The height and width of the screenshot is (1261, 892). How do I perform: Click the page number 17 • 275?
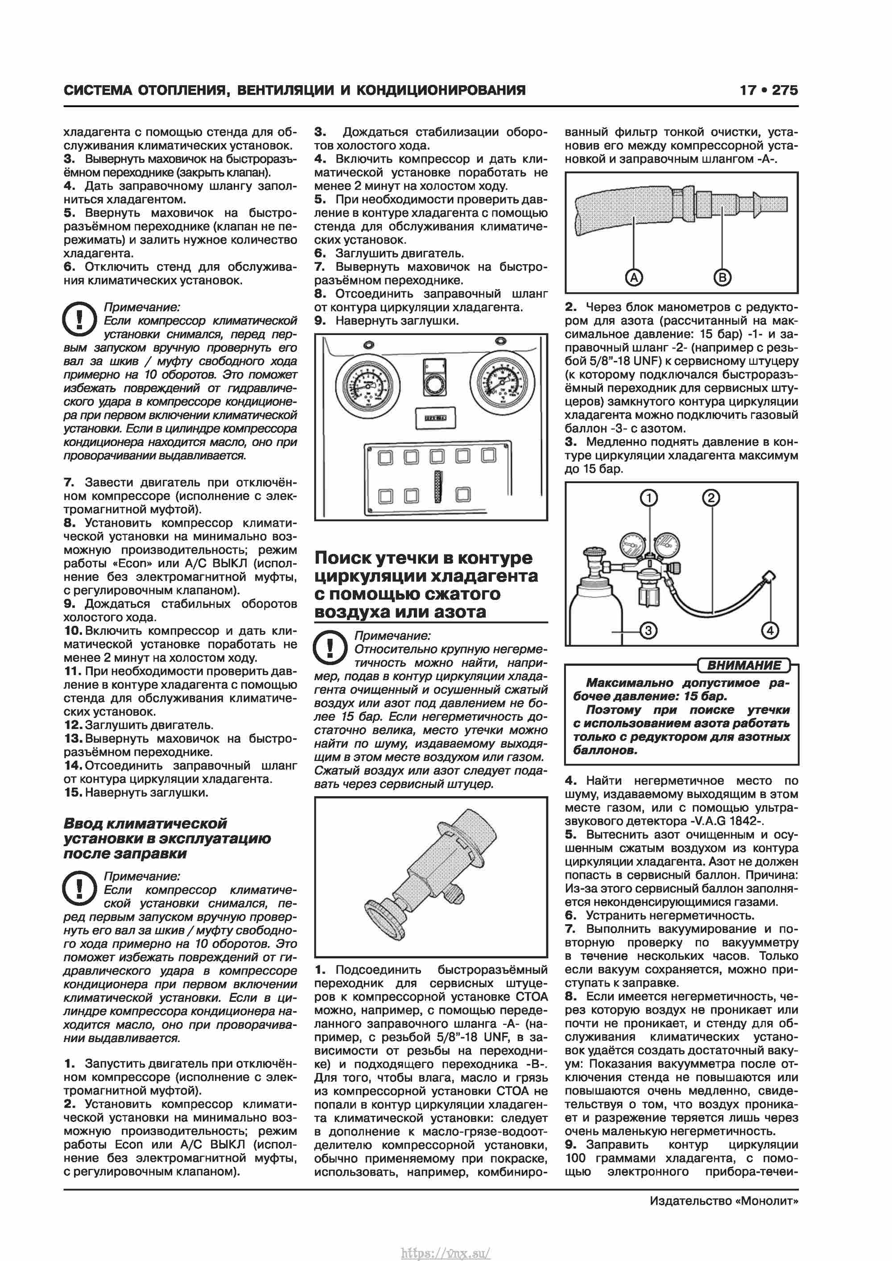pyautogui.click(x=768, y=90)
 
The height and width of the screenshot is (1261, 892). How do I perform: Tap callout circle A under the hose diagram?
pyautogui.click(x=634, y=277)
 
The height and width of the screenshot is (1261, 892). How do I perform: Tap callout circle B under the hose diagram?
pyautogui.click(x=722, y=277)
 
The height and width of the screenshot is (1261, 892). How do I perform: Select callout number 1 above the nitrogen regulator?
pyautogui.click(x=648, y=498)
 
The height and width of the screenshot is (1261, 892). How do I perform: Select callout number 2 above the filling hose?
pyautogui.click(x=711, y=498)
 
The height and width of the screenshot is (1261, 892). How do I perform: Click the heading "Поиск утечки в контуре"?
pyautogui.click(x=424, y=558)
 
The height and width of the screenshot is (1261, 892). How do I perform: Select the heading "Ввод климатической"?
pyautogui.click(x=145, y=823)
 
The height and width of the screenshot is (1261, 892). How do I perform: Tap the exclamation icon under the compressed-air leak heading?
pyautogui.click(x=330, y=648)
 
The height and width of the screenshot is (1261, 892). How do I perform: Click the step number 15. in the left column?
pyautogui.click(x=73, y=793)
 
